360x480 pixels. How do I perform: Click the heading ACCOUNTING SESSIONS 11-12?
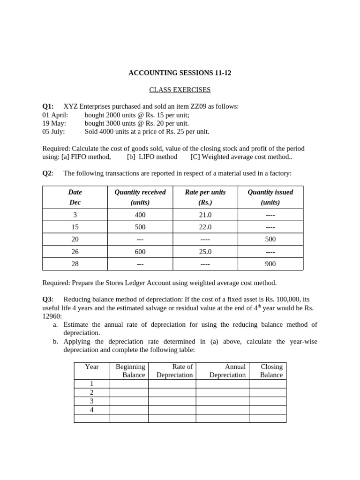pyautogui.click(x=180, y=73)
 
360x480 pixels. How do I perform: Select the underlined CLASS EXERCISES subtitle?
pyautogui.click(x=180, y=90)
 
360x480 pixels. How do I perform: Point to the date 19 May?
pyautogui.click(x=54, y=123)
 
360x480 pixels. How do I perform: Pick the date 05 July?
pyautogui.click(x=54, y=132)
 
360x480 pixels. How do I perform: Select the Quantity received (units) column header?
pyautogui.click(x=140, y=197)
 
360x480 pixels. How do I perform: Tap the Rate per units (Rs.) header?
pyautogui.click(x=205, y=197)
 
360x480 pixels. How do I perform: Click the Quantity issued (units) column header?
pyautogui.click(x=270, y=197)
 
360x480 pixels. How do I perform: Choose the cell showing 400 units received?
pyautogui.click(x=140, y=215)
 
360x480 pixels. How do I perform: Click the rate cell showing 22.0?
pyautogui.click(x=205, y=227)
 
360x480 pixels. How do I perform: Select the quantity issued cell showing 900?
pyautogui.click(x=270, y=264)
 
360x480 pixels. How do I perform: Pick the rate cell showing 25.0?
pyautogui.click(x=205, y=252)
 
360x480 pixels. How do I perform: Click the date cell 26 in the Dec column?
pyautogui.click(x=75, y=252)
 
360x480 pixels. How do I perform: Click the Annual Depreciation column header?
pyautogui.click(x=227, y=371)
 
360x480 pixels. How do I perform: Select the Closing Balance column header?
pyautogui.click(x=271, y=371)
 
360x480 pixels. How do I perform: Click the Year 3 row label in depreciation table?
pyautogui.click(x=92, y=401)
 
